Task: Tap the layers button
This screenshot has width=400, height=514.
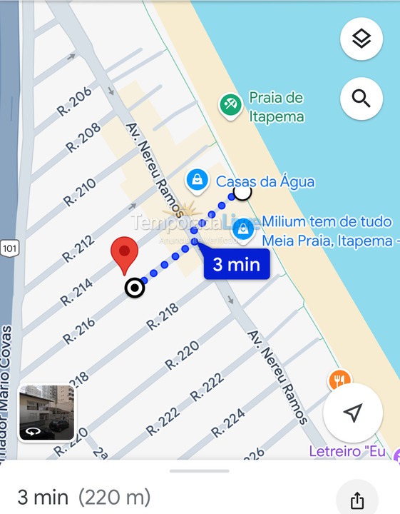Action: (361, 39)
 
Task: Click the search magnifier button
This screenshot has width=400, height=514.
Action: (361, 99)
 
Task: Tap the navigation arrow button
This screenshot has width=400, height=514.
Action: (353, 413)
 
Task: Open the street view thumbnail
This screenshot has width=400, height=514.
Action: (46, 413)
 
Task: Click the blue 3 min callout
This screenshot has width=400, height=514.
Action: (236, 265)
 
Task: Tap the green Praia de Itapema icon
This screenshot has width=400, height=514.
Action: (230, 106)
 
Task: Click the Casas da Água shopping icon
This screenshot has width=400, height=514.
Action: (196, 180)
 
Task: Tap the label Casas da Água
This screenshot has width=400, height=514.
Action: (265, 182)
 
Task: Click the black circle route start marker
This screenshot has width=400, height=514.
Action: (134, 288)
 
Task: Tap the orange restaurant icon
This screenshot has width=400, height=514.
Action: (339, 380)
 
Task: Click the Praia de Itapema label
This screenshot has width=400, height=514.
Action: (276, 107)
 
